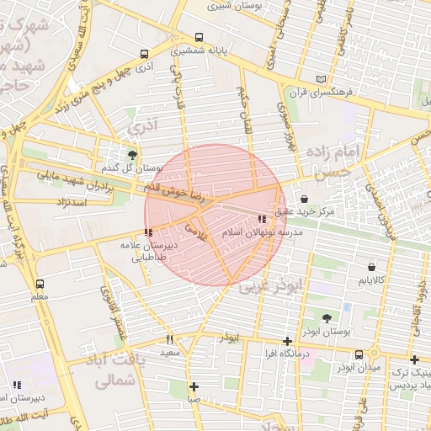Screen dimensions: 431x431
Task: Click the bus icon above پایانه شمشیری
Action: pyautogui.click(x=199, y=38)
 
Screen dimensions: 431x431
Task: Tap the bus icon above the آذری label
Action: pyautogui.click(x=145, y=53)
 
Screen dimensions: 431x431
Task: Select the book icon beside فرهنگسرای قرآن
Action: pyautogui.click(x=319, y=80)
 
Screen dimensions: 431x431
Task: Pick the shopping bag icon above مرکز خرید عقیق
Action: pyautogui.click(x=303, y=199)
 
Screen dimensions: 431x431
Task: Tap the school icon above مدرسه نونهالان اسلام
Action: pyautogui.click(x=271, y=219)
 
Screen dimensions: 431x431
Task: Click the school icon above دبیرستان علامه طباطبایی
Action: pyautogui.click(x=149, y=231)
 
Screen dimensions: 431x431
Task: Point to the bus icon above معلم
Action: pyautogui.click(x=40, y=284)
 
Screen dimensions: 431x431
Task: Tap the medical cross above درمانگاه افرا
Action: pyautogui.click(x=288, y=342)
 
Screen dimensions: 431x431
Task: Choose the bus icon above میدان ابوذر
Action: pyautogui.click(x=359, y=354)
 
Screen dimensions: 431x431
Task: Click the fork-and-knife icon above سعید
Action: pyautogui.click(x=170, y=339)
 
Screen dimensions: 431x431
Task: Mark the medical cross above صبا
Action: pyautogui.click(x=194, y=386)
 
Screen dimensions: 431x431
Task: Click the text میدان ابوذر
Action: pyautogui.click(x=359, y=368)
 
